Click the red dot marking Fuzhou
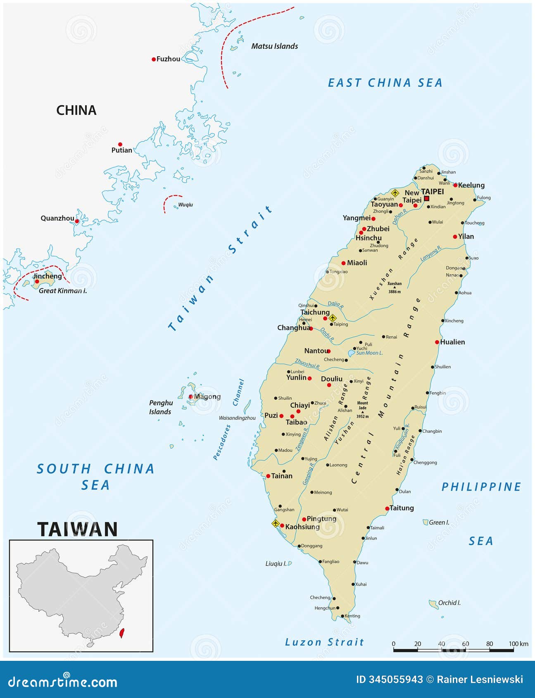(154, 59)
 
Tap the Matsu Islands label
(274, 46)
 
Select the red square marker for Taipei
(427, 198)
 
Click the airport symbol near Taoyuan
(395, 192)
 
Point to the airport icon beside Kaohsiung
(276, 524)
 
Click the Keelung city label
(471, 185)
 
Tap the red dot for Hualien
(437, 342)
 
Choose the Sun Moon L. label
(369, 353)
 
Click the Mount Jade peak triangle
(362, 412)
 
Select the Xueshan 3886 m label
(395, 287)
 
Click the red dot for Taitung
(387, 508)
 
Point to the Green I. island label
(439, 522)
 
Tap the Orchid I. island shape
(433, 604)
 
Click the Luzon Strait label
(324, 642)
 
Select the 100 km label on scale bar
(518, 644)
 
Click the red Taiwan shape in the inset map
(122, 633)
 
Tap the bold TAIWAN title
(78, 529)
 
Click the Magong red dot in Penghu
(191, 396)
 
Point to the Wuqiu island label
(185, 204)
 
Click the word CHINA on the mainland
(76, 110)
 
